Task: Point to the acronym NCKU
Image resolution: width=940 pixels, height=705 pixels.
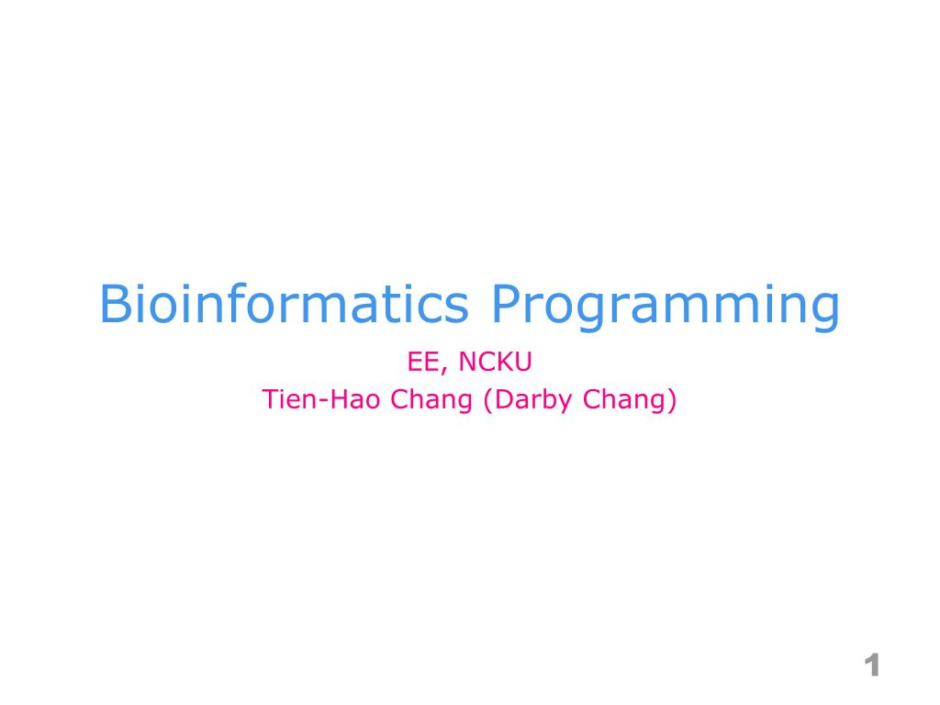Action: pos(496,363)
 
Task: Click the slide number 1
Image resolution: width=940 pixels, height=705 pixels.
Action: pos(872,666)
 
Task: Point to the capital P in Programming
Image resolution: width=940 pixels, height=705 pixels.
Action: pos(506,305)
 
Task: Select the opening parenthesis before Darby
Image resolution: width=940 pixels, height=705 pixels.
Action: pos(488,401)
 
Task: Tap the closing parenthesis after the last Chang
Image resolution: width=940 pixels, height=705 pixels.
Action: pos(671,401)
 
